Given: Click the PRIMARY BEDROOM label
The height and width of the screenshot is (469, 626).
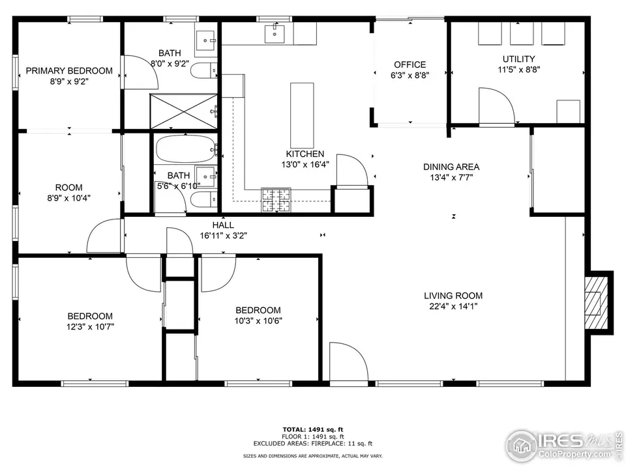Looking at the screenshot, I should (68, 70).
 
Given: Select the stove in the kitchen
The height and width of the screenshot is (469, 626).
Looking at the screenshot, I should (276, 200).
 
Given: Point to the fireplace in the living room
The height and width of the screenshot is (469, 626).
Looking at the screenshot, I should (595, 302).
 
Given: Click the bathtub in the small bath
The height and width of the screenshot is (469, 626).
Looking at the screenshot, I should (185, 150).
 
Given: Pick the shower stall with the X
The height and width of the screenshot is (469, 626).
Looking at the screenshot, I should (184, 110).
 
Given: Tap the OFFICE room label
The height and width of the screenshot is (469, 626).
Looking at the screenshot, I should (410, 64).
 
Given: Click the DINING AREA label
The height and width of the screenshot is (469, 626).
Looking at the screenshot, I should (451, 167).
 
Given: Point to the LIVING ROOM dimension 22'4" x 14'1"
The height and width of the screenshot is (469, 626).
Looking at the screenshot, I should (453, 306).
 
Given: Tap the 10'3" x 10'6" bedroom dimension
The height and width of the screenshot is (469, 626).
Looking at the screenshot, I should (258, 320).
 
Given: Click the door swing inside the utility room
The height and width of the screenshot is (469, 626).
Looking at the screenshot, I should (496, 104).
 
